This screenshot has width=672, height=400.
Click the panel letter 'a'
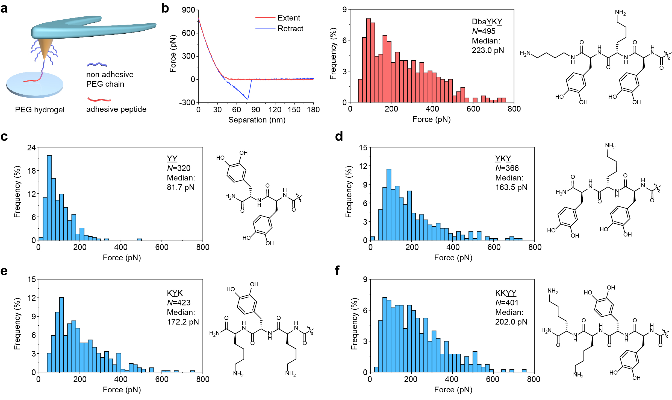click(4, 9)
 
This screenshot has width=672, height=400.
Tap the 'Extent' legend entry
click(288, 18)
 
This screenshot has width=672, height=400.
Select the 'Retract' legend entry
click(290, 28)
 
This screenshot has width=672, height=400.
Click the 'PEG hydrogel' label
click(40, 110)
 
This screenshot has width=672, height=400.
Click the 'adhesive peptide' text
click(116, 109)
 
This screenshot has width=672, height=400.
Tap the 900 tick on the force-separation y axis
click(188, 10)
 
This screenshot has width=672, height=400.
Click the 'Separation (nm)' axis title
click(257, 120)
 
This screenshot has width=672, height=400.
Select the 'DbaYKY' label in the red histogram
click(487, 22)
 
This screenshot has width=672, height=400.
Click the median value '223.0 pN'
click(488, 50)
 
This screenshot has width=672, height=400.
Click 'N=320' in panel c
click(179, 168)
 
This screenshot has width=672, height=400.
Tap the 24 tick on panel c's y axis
click(31, 148)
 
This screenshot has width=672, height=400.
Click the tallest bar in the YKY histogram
click(389, 204)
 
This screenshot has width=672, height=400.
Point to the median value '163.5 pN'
click(511, 187)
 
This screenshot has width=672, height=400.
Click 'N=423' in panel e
click(179, 302)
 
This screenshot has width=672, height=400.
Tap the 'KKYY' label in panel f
click(506, 293)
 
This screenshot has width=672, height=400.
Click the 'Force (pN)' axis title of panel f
click(453, 390)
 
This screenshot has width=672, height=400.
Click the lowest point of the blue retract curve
click(247, 99)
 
